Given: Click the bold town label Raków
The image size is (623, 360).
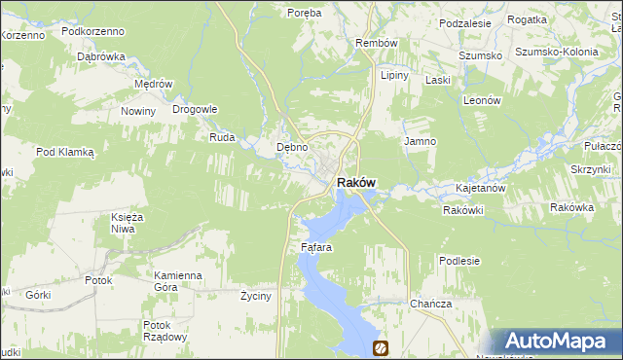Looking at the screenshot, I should pyautogui.click(x=357, y=182).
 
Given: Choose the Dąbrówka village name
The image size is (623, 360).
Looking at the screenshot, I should pyautogui.click(x=101, y=56).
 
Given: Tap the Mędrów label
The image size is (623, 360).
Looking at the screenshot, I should pyautogui.click(x=153, y=84).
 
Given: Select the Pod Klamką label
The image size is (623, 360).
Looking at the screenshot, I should pyautogui.click(x=64, y=152).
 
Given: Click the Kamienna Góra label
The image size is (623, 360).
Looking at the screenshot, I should pyautogui.click(x=177, y=281).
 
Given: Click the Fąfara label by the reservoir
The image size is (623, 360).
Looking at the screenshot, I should pyautogui.click(x=316, y=248).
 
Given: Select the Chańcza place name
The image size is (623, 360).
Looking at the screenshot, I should pyautogui.click(x=431, y=304).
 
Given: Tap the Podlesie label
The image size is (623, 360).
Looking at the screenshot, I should pyautogui.click(x=459, y=261).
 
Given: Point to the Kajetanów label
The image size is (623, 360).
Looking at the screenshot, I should pyautogui.click(x=479, y=188).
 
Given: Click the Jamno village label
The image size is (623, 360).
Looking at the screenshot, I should pyautogui.click(x=420, y=142).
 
